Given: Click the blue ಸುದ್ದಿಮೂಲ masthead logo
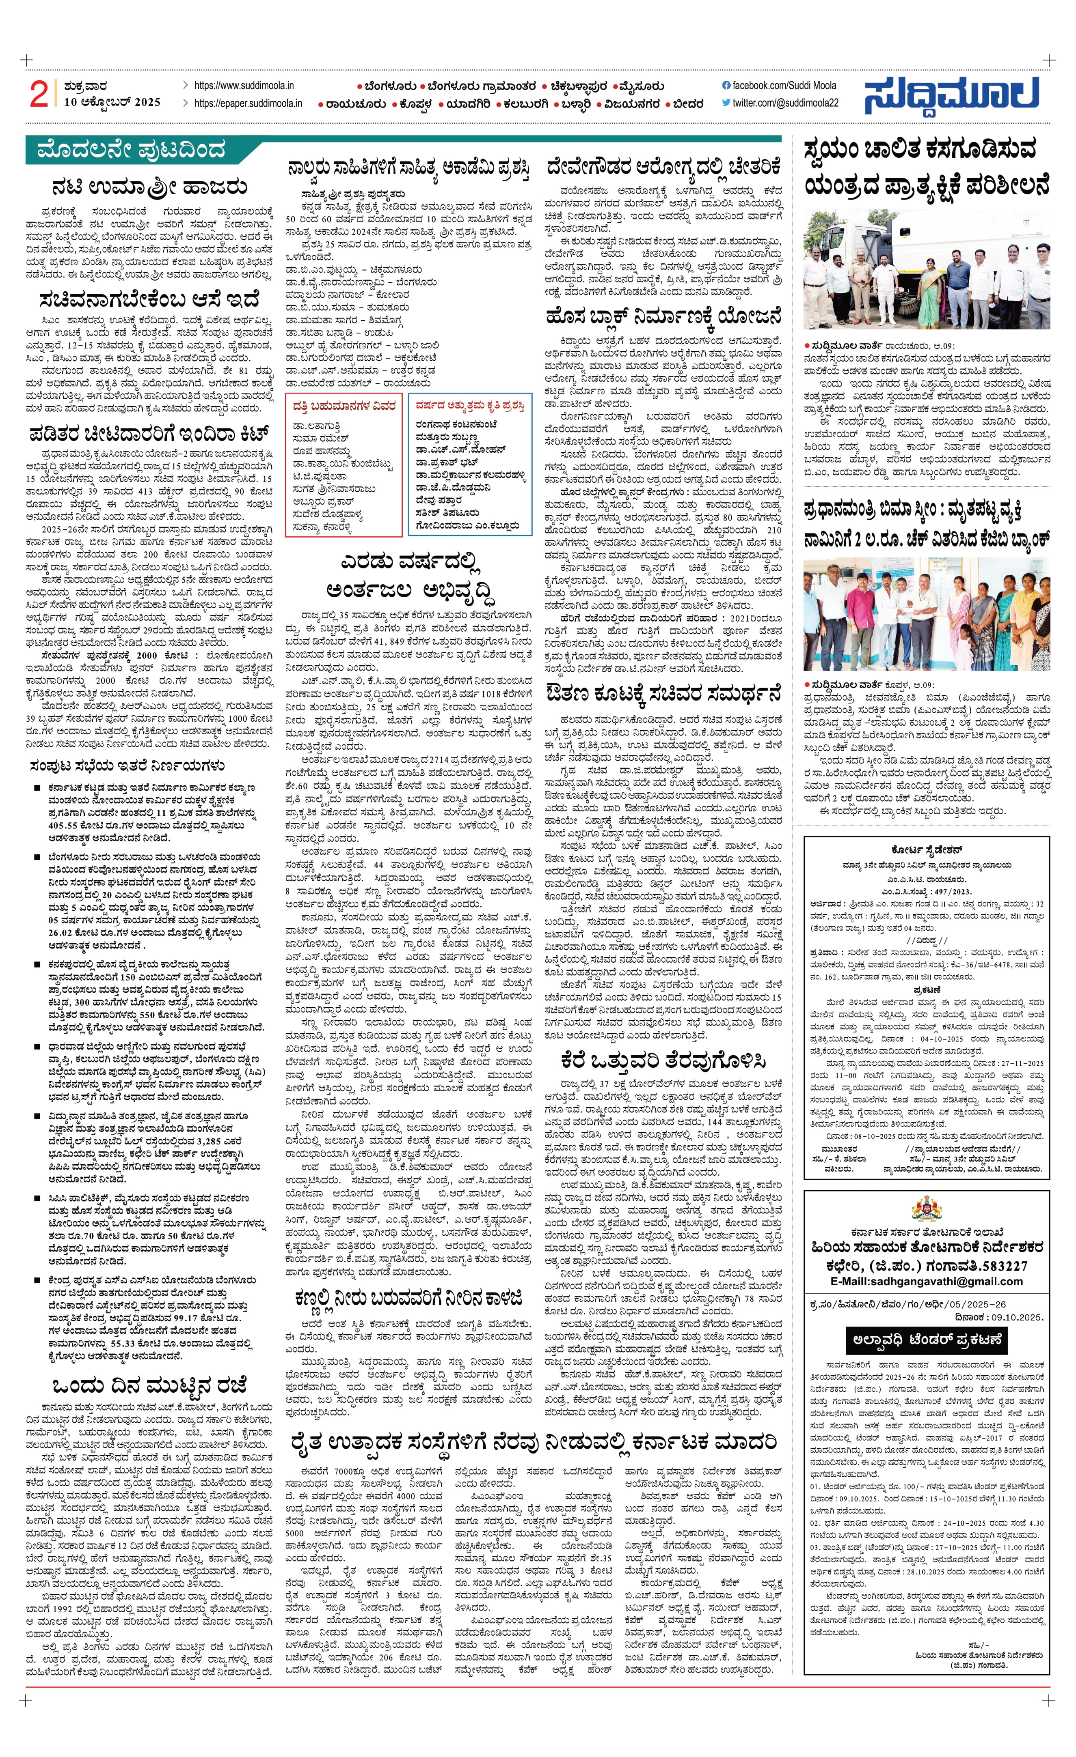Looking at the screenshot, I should [x=951, y=95].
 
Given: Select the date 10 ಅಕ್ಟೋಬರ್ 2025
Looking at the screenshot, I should [x=112, y=103].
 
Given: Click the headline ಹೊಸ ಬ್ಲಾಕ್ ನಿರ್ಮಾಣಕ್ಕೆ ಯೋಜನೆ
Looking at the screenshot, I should [x=663, y=316].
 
